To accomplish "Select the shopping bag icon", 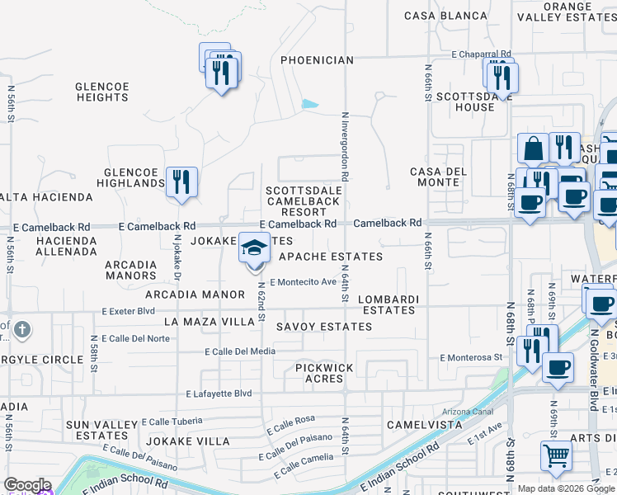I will tap(533, 149).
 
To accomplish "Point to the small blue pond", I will tap(310, 105).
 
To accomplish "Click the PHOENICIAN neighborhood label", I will tap(317, 60).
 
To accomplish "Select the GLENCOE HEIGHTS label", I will tap(101, 92).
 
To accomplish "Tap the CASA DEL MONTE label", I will tap(438, 177).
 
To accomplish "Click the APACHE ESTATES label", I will tap(331, 257).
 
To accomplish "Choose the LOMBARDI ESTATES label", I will tap(391, 304).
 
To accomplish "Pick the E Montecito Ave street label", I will tap(304, 282).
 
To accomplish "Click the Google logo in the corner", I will tap(26, 486).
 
